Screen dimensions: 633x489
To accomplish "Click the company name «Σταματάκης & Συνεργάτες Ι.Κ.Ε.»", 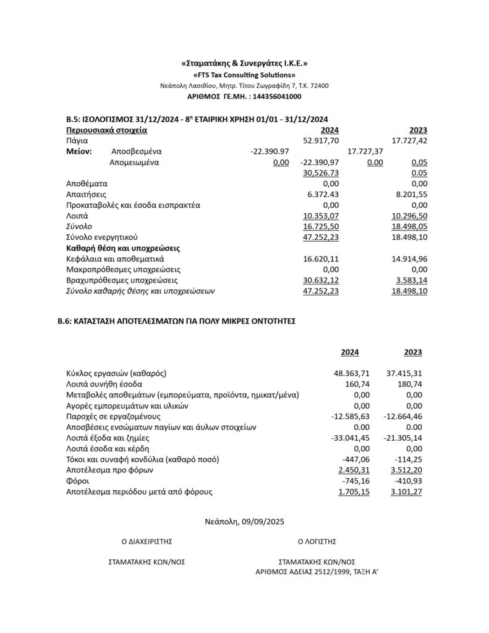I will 244,64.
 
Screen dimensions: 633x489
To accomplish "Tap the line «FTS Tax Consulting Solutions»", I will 244,75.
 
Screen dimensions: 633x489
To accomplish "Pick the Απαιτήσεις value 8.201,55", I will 411,194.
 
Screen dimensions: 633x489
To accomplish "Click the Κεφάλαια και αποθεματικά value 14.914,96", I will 411,258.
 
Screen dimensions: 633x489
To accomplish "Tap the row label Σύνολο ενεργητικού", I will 101,237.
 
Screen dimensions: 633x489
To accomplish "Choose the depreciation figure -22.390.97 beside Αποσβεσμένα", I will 270,151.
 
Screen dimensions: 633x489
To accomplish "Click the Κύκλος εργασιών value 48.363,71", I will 351,373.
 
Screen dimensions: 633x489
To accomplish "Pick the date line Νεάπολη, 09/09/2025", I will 244,522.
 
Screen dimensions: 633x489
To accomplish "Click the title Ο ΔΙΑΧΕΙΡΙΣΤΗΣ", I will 147,541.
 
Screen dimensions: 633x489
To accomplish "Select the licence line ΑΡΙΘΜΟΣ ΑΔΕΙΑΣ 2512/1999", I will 317,572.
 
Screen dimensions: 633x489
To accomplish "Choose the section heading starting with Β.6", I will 181,321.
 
